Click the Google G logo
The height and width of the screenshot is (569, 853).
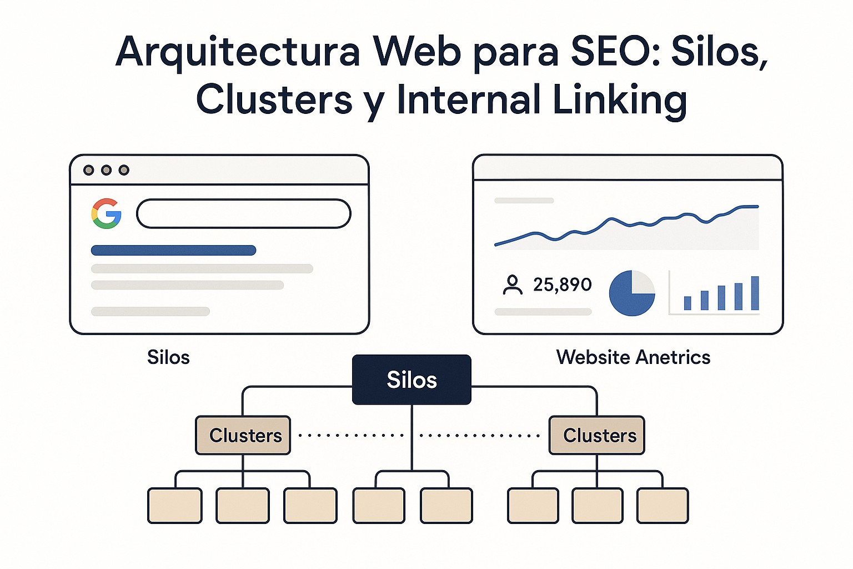click(x=107, y=214)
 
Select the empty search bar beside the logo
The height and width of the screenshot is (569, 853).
click(x=243, y=214)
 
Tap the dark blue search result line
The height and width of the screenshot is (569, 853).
click(x=173, y=251)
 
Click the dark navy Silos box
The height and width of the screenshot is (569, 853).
click(x=412, y=380)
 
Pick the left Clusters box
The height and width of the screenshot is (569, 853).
click(x=243, y=435)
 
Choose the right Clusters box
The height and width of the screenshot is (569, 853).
click(x=597, y=435)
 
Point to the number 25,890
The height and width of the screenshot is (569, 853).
click(x=562, y=284)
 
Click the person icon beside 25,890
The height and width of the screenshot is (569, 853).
click(x=512, y=284)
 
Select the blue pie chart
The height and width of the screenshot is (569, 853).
click(x=631, y=293)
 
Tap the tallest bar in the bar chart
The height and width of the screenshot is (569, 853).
click(x=755, y=293)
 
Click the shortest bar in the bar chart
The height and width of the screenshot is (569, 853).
click(x=688, y=303)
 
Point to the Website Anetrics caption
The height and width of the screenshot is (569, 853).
click(x=633, y=357)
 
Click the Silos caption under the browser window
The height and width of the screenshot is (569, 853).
click(x=168, y=357)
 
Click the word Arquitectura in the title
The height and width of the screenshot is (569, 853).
click(x=238, y=51)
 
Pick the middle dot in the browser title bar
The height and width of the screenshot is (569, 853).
click(x=106, y=170)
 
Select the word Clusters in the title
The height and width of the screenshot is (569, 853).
click(x=274, y=100)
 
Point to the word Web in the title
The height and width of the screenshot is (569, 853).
click(x=417, y=51)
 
